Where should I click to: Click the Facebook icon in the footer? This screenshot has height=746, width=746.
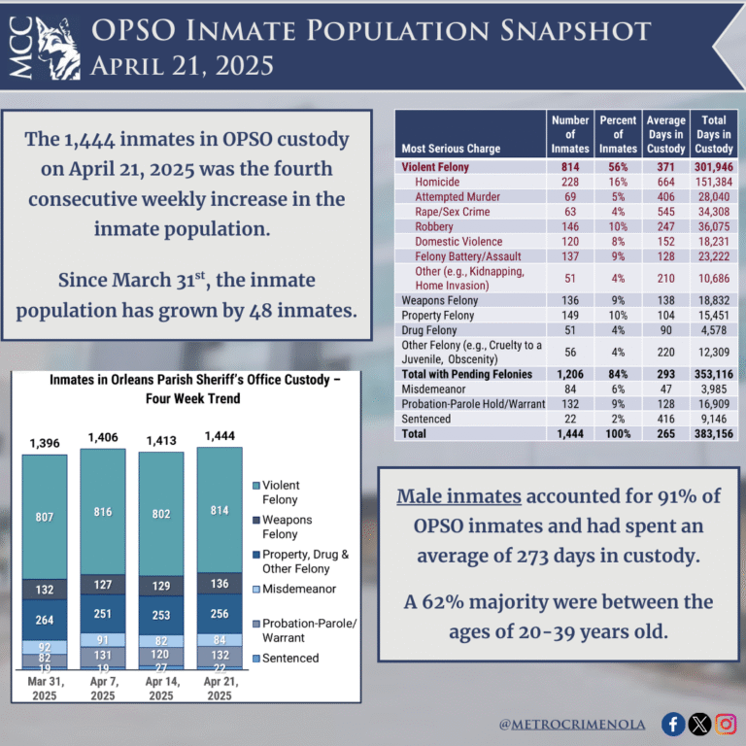[673, 723]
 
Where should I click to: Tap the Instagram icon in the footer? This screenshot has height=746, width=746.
[726, 723]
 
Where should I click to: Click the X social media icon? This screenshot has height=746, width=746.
[699, 723]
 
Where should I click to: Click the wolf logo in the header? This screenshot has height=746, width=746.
[57, 49]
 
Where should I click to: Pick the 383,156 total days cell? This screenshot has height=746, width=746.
[713, 434]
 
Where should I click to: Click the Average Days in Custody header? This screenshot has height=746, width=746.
[665, 134]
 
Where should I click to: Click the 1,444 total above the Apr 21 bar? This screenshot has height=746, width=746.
[220, 436]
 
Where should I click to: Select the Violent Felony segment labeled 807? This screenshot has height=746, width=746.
[45, 517]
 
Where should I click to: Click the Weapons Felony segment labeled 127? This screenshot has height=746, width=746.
[103, 585]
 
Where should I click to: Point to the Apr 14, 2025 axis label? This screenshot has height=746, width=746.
[161, 689]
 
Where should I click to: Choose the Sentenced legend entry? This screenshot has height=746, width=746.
[290, 658]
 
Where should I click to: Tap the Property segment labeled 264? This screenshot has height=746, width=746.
[45, 620]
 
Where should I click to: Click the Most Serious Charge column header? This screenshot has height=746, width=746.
[450, 149]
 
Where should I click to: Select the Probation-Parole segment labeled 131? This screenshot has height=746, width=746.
[103, 656]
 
